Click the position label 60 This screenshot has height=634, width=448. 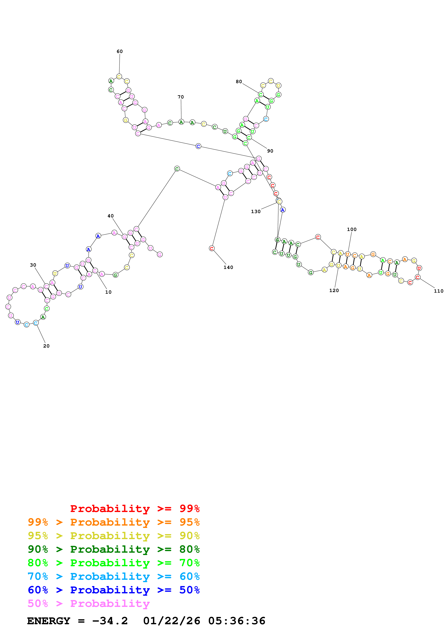(x=119, y=51)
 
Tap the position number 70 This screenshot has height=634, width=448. (x=181, y=97)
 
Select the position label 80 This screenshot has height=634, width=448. (x=239, y=82)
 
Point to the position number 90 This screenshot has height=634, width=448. (x=270, y=151)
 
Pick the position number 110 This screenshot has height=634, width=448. (x=438, y=291)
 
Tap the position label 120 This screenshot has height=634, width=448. (x=334, y=290)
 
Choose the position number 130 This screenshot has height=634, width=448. (x=256, y=211)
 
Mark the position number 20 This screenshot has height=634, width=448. (x=46, y=346)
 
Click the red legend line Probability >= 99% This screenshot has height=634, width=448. (x=135, y=508)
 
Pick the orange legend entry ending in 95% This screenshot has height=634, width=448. (x=114, y=522)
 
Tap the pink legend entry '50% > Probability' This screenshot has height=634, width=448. (x=89, y=603)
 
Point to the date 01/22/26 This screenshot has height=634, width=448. (x=172, y=621)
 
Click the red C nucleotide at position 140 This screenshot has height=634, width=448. (x=211, y=248)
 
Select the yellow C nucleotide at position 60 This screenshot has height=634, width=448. (x=119, y=76)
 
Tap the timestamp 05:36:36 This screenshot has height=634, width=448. (x=237, y=621)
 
